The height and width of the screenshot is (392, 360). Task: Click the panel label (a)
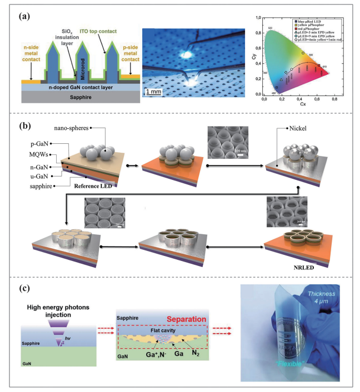click(26, 17)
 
